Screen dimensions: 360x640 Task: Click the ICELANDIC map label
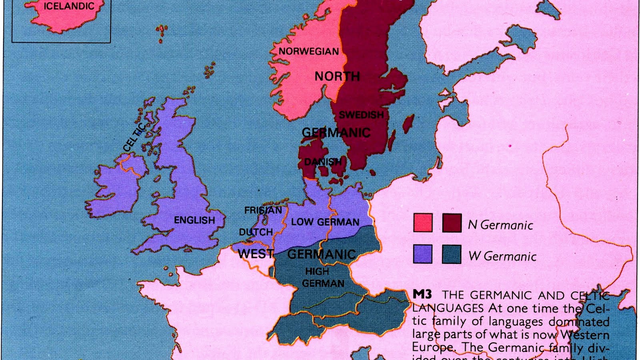point(69,6)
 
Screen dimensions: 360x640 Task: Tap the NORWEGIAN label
point(308,51)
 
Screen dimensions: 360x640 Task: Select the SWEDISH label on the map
point(361,115)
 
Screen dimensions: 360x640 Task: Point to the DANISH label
point(323,162)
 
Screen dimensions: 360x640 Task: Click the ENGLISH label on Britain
point(194,220)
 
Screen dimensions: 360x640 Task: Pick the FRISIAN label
point(263,210)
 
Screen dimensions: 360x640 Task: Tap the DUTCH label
point(256,232)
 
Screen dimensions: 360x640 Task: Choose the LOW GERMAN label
point(325,222)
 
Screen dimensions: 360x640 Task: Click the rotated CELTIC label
point(134,137)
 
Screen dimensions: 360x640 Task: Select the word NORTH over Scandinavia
point(337,76)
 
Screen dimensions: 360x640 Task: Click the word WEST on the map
point(256,254)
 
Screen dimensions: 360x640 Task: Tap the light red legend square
point(423,223)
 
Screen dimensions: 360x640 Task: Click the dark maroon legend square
point(452,223)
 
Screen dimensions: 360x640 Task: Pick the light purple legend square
point(423,254)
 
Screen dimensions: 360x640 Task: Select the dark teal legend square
point(452,254)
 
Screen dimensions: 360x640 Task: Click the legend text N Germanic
point(500,225)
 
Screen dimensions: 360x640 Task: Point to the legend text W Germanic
point(502,256)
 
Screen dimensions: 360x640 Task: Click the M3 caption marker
point(422,294)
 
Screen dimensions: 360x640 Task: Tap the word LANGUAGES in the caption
point(448,308)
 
